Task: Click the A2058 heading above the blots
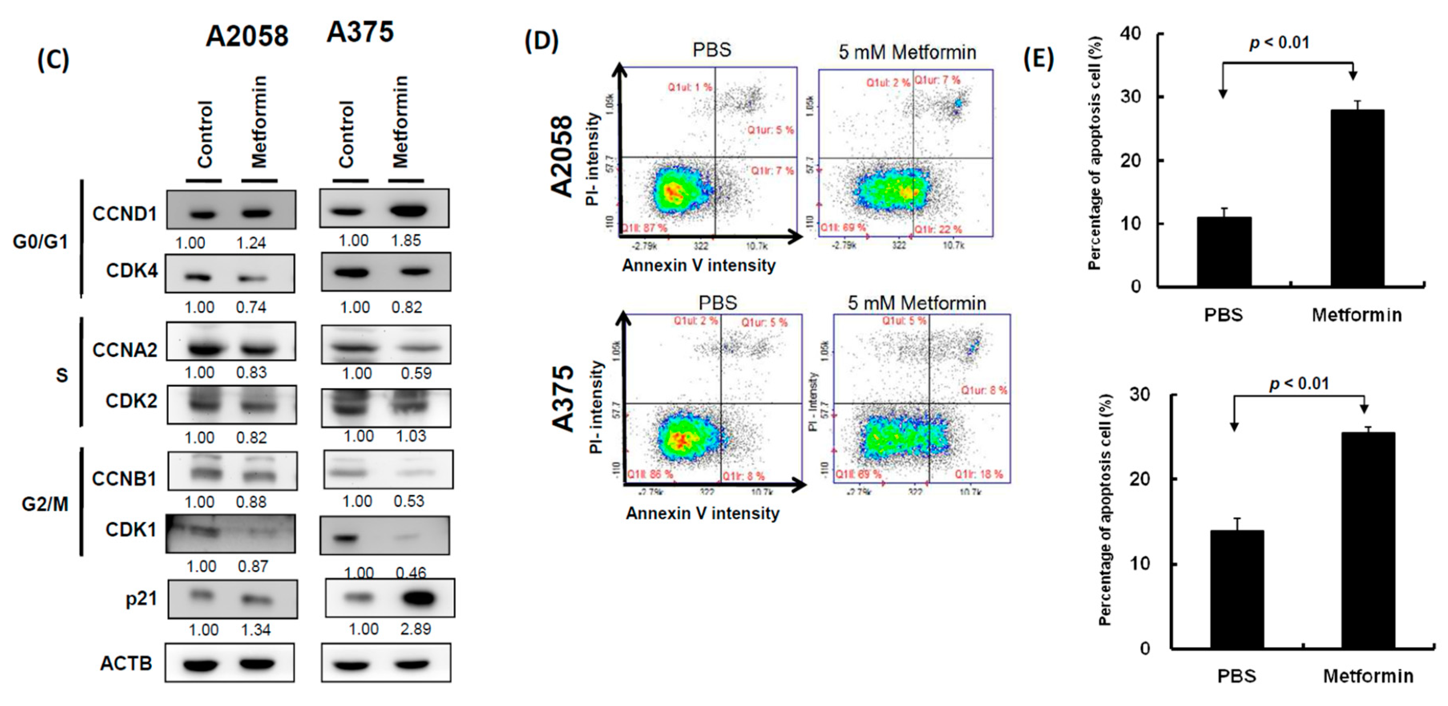tap(247, 36)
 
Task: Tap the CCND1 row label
tap(124, 214)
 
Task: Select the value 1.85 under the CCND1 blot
tap(406, 241)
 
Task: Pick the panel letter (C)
tap(53, 60)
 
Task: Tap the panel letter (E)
tap(1038, 59)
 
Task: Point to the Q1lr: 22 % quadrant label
tap(937, 229)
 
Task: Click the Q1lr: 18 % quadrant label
tap(979, 474)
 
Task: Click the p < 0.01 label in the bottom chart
tap(1299, 384)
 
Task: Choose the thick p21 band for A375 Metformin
tap(419, 598)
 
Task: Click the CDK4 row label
tap(131, 271)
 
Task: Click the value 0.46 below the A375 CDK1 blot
tap(411, 573)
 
